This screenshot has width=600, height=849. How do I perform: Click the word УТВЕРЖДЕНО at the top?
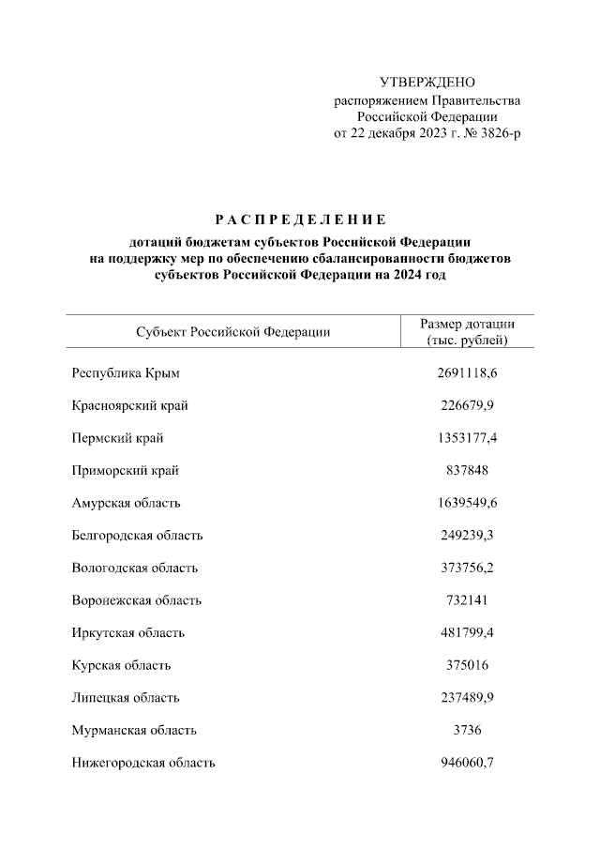pos(427,83)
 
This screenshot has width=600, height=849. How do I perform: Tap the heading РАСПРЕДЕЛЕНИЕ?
pos(300,220)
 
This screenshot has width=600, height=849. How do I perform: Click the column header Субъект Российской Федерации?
pos(232,332)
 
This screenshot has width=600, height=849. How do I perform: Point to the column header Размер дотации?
pos(467,325)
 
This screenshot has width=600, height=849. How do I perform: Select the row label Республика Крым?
pos(125,373)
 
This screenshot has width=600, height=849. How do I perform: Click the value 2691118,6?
pos(467,373)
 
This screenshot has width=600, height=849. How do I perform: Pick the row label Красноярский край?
pos(129,405)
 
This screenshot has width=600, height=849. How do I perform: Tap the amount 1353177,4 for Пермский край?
pos(467,438)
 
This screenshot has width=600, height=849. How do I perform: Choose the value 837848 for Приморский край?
pos(467,470)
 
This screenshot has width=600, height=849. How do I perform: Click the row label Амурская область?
pos(126,503)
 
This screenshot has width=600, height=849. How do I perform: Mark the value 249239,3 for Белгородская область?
pos(467,536)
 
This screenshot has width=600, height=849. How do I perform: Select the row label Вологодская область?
pos(134,568)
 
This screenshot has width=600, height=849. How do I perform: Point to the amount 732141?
pos(467,600)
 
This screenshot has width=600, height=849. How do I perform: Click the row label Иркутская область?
pos(127,633)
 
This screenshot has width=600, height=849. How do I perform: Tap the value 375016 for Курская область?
pos(467,665)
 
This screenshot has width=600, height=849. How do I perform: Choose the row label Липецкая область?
pos(126,698)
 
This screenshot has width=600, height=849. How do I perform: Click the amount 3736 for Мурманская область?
pos(467,730)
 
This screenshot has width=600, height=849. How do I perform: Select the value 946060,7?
pos(467,763)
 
